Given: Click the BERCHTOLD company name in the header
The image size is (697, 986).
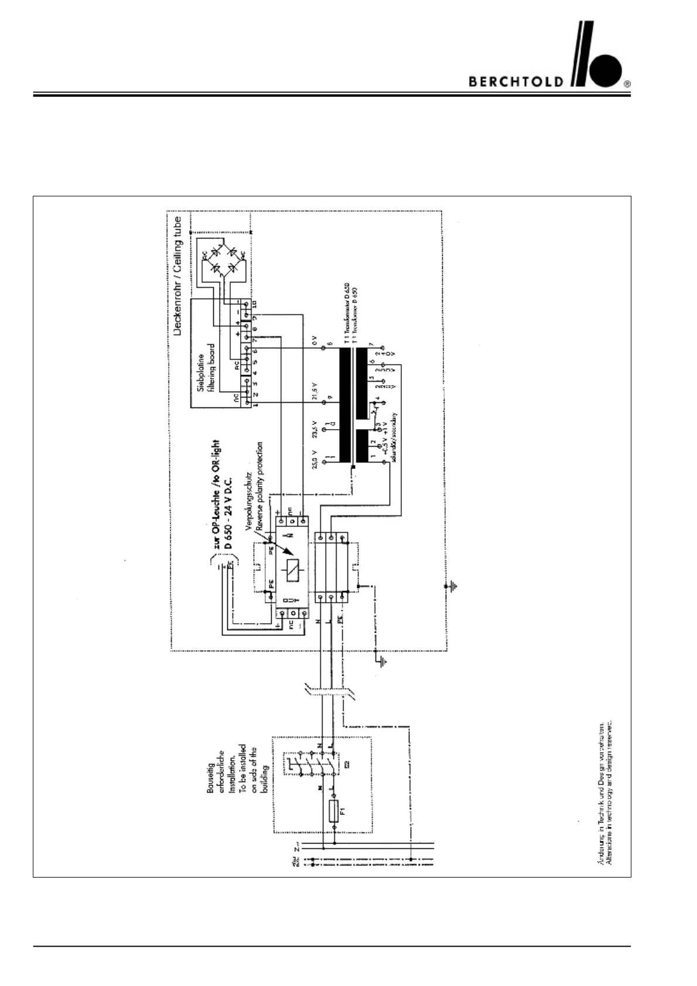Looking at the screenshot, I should point(515,81).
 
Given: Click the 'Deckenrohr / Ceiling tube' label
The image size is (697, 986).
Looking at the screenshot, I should point(178,276).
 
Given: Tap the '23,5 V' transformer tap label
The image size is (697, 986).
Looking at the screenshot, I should point(315,429).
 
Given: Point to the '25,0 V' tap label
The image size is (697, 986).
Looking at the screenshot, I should point(315,460).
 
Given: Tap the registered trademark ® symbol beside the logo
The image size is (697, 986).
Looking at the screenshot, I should point(627,84).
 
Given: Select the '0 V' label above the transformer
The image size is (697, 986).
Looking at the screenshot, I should point(315,339).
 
